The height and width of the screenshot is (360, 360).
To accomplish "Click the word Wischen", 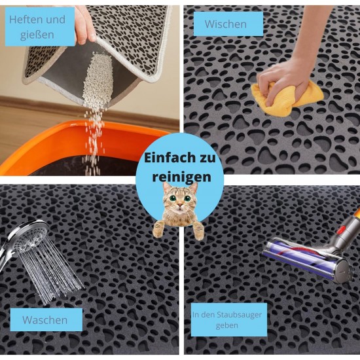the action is tap(226, 24).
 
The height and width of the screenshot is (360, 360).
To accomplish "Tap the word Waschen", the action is tap(45, 320).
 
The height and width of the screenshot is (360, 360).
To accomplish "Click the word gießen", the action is tap(37, 35).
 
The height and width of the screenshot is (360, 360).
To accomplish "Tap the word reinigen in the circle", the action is tap(181, 177).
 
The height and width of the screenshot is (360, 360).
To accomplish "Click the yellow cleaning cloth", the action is tap(287, 98).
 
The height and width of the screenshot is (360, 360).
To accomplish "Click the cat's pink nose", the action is tap(181, 204).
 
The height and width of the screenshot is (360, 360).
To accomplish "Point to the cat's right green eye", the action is tap(187, 198).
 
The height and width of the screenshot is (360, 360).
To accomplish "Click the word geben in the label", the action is tap(226, 325).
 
